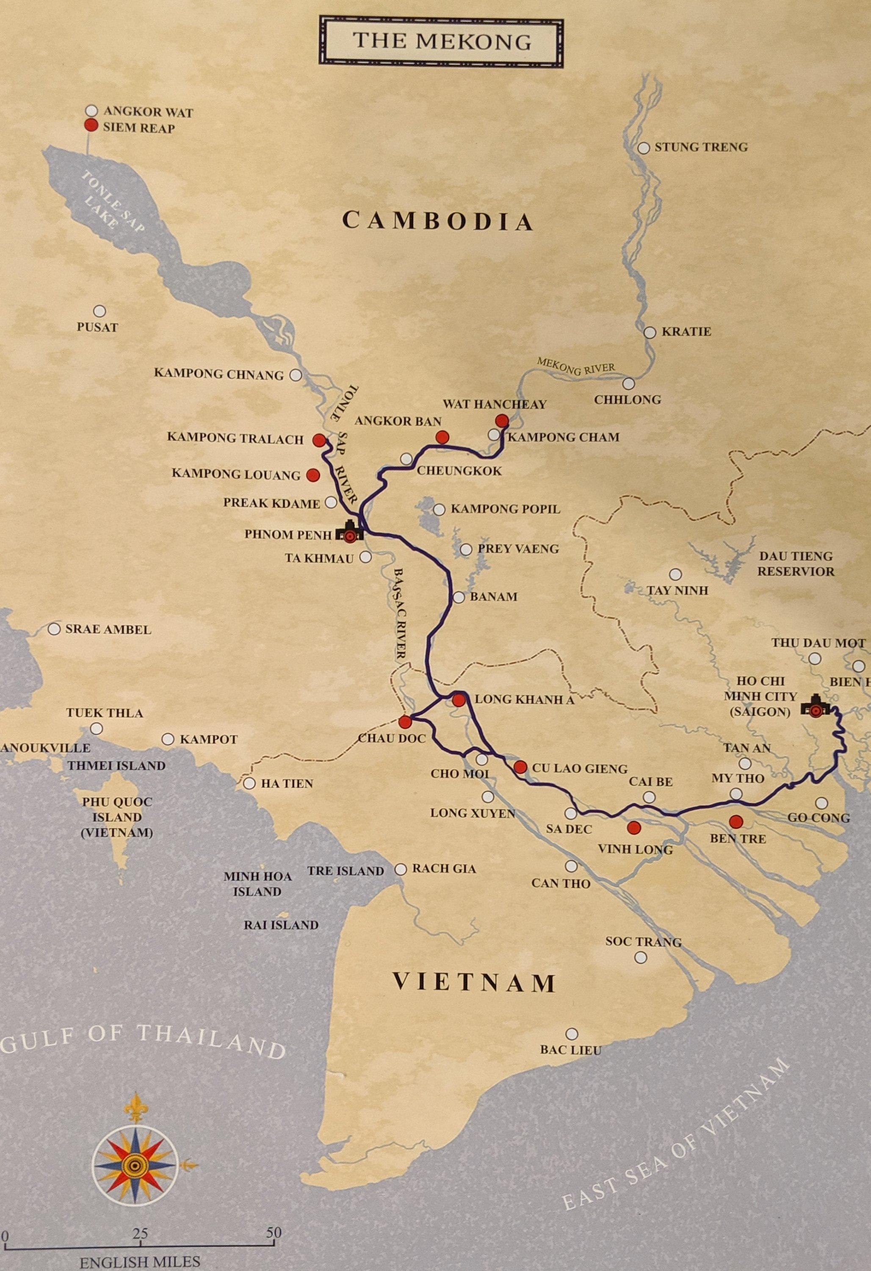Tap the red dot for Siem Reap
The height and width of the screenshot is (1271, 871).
(x=91, y=126)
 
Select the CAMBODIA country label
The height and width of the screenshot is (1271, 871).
(x=437, y=221)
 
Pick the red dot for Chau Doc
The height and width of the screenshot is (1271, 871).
(x=405, y=722)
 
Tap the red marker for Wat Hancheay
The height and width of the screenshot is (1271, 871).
(x=501, y=421)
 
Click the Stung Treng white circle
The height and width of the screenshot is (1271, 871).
(x=644, y=148)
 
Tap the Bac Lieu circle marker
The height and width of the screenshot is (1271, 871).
(x=571, y=1034)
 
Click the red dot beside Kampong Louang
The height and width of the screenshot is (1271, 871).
(x=313, y=475)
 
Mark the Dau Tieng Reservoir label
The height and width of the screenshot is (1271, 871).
(x=796, y=564)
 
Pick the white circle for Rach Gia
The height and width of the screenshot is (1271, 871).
(x=401, y=869)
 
